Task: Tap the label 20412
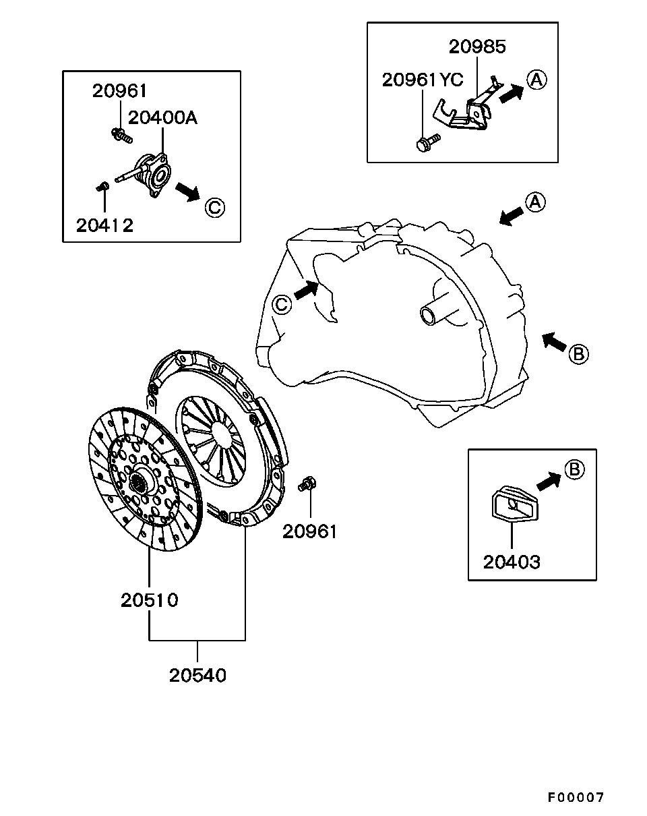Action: [x=104, y=225]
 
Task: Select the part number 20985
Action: [x=477, y=47]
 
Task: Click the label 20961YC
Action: [x=423, y=80]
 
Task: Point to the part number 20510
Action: [x=150, y=599]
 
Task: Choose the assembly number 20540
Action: [x=197, y=674]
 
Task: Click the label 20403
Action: [x=512, y=561]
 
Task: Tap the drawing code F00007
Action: [x=575, y=797]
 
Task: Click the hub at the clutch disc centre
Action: [x=140, y=481]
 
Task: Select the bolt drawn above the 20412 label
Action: [x=103, y=185]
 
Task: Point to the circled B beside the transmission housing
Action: [x=578, y=353]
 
